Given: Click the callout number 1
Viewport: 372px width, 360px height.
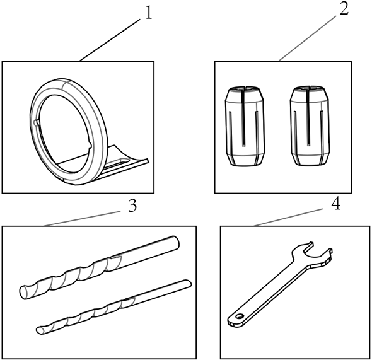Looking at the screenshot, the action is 149,13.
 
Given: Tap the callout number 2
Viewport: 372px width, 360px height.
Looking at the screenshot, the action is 344,9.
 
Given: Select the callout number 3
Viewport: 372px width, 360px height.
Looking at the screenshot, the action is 132,206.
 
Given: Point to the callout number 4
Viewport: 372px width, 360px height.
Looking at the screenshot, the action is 335,204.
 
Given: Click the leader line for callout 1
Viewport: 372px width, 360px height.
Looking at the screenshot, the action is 110,40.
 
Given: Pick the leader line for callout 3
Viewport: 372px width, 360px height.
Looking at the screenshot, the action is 83,219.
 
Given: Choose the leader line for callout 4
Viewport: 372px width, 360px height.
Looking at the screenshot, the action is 288,218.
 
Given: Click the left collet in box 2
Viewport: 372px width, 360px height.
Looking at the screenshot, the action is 245,126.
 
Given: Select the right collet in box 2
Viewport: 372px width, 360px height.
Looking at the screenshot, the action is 310,126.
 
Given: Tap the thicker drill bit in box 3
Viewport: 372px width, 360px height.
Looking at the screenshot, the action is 99,267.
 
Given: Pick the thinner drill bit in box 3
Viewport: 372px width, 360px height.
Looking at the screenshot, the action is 113,307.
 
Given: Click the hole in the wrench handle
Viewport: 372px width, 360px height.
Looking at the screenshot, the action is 240,316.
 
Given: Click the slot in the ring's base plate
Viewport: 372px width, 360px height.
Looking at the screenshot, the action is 118,163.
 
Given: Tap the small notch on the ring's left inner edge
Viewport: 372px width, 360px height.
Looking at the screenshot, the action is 37,122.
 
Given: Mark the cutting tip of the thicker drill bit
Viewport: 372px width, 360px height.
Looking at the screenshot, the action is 24,293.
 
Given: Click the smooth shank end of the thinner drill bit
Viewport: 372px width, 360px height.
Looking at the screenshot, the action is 187,283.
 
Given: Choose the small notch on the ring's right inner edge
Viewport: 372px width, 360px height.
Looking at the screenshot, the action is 90,145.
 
